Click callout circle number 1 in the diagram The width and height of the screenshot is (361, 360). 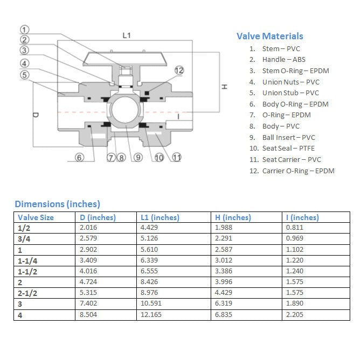(25, 30)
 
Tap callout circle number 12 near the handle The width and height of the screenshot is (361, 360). (179, 70)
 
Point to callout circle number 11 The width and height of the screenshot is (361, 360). (176, 158)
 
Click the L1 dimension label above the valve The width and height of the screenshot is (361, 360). (127, 36)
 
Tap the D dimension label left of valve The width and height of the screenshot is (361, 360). (36, 115)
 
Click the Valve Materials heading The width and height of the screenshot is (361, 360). (269, 36)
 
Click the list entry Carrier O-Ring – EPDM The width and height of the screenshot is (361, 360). (298, 171)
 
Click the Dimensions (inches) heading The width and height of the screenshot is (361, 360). (57, 204)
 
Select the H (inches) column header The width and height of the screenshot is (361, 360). (233, 217)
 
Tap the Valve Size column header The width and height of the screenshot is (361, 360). (36, 217)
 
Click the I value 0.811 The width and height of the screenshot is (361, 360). (294, 228)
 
